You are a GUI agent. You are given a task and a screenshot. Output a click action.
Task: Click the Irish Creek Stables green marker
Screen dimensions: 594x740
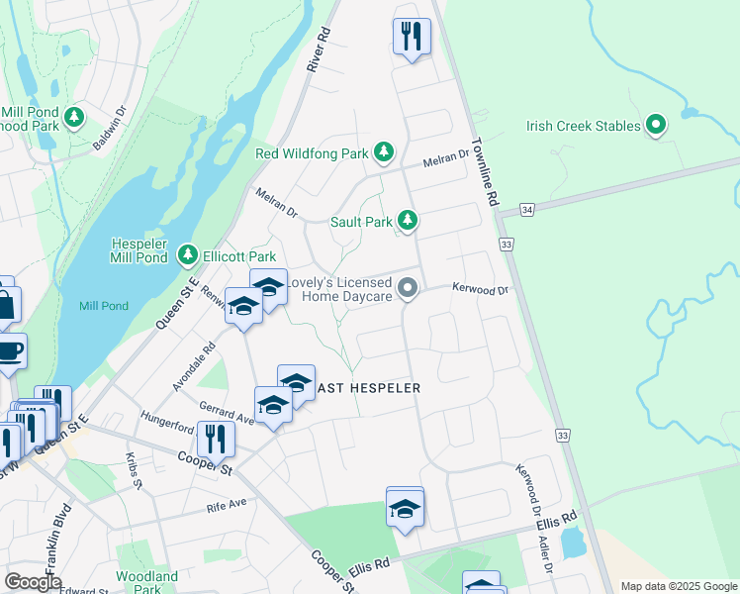pyautogui.click(x=655, y=125)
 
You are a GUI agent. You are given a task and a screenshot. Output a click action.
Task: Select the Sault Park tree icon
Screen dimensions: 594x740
pyautogui.click(x=407, y=220)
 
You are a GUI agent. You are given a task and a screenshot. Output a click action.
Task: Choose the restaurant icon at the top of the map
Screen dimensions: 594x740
pyautogui.click(x=411, y=37)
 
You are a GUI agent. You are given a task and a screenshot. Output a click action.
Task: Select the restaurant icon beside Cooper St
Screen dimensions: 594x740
pyautogui.click(x=216, y=438)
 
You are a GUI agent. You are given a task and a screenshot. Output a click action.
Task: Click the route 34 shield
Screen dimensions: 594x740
pyautogui.click(x=527, y=210)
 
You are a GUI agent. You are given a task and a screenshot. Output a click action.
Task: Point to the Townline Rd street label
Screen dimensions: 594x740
pyautogui.click(x=484, y=171)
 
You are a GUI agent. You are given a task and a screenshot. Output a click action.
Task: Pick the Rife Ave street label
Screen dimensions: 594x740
pyautogui.click(x=226, y=504)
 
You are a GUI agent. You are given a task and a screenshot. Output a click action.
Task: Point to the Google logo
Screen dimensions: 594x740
pyautogui.click(x=33, y=582)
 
